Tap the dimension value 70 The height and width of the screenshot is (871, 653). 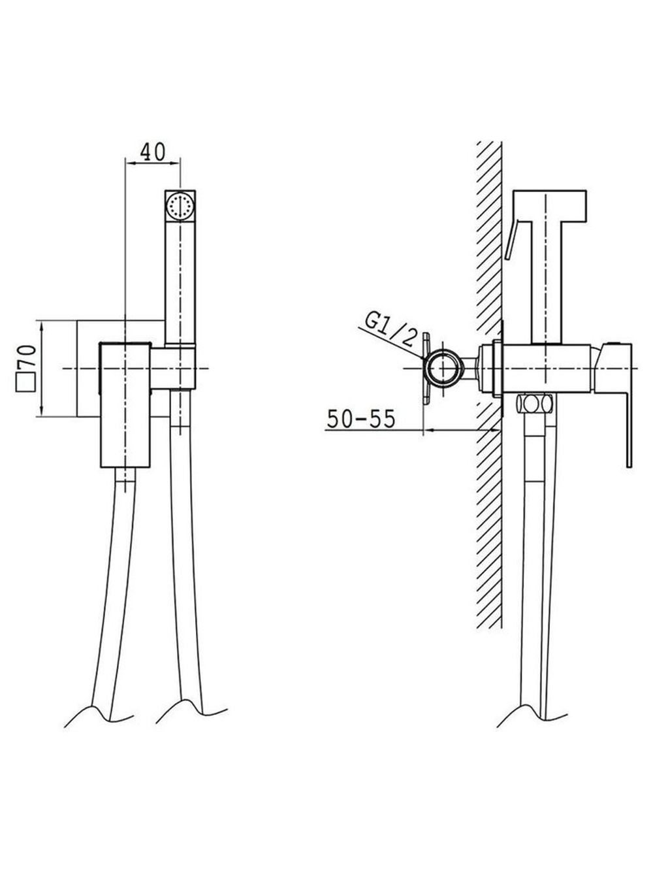point(27,358)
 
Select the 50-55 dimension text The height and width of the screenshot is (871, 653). point(361,418)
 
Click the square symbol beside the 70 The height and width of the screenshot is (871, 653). point(25,382)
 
